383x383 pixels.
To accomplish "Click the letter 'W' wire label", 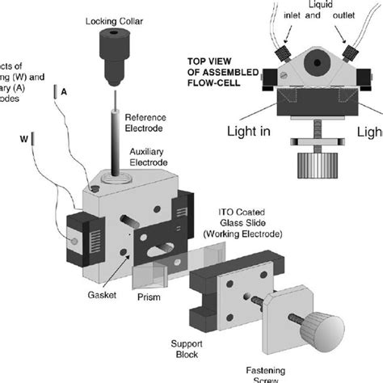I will pos(23,138).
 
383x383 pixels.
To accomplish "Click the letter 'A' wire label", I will pos(64,92).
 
